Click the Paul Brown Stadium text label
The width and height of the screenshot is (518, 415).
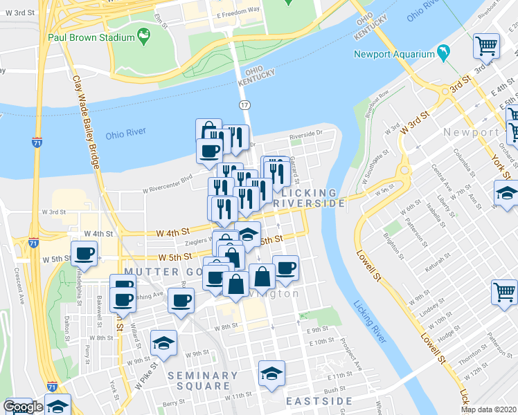click(x=89, y=37)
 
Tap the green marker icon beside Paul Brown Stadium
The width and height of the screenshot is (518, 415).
click(x=143, y=35)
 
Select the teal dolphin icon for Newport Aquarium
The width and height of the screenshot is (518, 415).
click(x=443, y=53)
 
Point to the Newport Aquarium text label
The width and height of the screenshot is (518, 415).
click(x=393, y=54)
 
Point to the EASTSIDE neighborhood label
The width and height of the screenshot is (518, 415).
click(x=320, y=401)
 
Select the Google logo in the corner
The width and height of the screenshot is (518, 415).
click(x=22, y=407)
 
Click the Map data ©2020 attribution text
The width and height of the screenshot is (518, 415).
click(x=488, y=409)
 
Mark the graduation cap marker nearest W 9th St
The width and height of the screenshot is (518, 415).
click(x=163, y=342)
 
